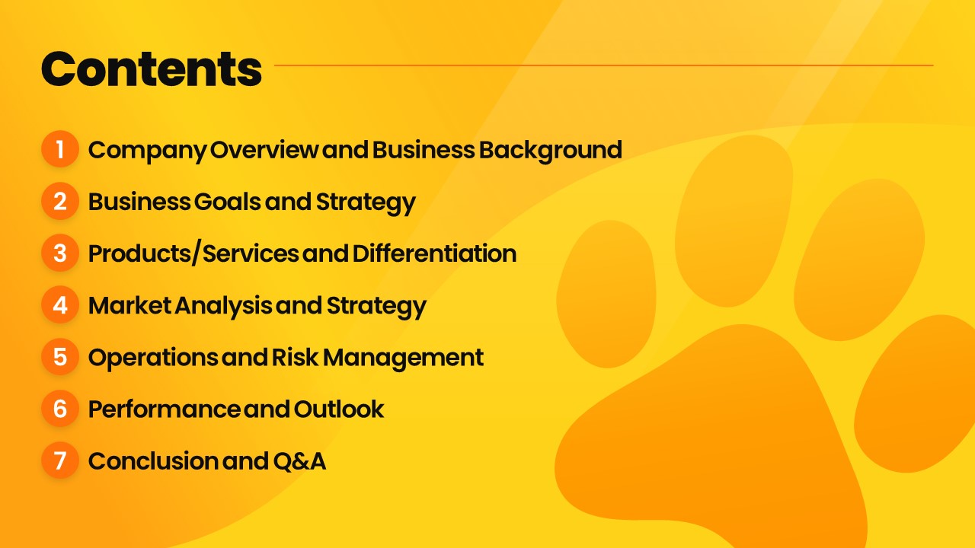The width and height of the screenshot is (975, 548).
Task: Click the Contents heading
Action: pos(152,68)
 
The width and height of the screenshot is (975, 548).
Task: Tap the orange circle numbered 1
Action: pos(60,149)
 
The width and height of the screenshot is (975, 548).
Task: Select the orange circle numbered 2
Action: pos(60,201)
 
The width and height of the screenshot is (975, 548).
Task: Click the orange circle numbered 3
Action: pos(60,253)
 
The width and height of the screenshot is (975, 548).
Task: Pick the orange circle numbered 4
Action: pos(60,304)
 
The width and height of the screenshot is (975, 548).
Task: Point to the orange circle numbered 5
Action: pos(60,357)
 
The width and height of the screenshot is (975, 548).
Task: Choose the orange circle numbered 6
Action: pos(60,409)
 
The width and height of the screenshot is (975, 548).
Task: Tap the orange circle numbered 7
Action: pos(60,460)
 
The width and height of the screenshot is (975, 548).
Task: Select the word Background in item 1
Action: pos(551,151)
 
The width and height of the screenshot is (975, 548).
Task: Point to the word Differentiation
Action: pos(434,253)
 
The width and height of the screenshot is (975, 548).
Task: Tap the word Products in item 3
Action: pos(139,253)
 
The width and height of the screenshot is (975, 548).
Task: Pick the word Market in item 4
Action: pos(129,305)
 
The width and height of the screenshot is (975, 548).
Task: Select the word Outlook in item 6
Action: pos(339,409)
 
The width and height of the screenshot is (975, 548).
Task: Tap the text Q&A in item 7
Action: pos(299,461)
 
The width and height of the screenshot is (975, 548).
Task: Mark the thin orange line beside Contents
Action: pos(604,65)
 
